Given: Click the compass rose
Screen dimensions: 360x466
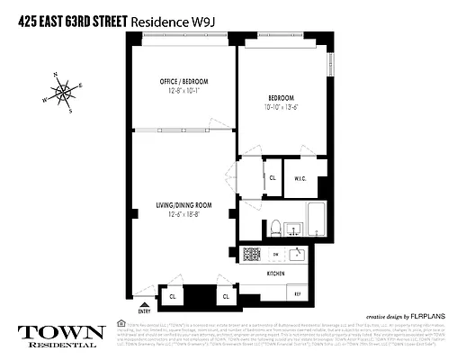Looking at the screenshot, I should click(63, 90).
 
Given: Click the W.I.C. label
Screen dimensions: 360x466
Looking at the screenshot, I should click(300, 178).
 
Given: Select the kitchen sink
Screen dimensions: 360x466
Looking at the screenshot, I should click(300, 255).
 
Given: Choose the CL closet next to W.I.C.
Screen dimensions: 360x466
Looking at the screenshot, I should click(272, 178).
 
